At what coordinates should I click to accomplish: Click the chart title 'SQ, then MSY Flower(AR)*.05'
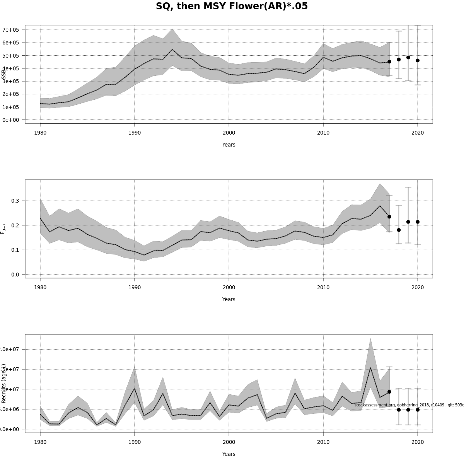point(232,7)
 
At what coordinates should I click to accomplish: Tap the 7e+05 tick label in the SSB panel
point(11,30)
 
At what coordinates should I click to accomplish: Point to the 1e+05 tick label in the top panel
point(11,107)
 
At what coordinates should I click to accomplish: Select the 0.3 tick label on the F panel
point(15,201)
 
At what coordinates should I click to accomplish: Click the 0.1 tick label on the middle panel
point(15,250)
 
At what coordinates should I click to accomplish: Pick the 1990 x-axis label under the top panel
point(135,133)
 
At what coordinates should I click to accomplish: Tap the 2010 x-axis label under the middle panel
point(323,287)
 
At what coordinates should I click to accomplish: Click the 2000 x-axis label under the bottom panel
point(229,442)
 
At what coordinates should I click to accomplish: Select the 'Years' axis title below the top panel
point(229,145)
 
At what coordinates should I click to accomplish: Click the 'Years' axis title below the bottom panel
point(229,454)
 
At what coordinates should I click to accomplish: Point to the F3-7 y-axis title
point(3,229)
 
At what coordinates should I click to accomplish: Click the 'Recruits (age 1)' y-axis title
point(4,383)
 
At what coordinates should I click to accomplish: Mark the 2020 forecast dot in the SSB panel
point(418,60)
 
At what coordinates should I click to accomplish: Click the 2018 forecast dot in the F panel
point(399,230)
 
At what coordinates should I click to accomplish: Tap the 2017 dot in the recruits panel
point(389,392)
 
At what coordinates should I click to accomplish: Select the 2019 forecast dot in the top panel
point(408,58)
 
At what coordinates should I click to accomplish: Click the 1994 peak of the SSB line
point(172,49)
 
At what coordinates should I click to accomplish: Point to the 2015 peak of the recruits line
point(370,367)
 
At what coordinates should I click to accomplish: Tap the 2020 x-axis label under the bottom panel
point(418,442)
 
